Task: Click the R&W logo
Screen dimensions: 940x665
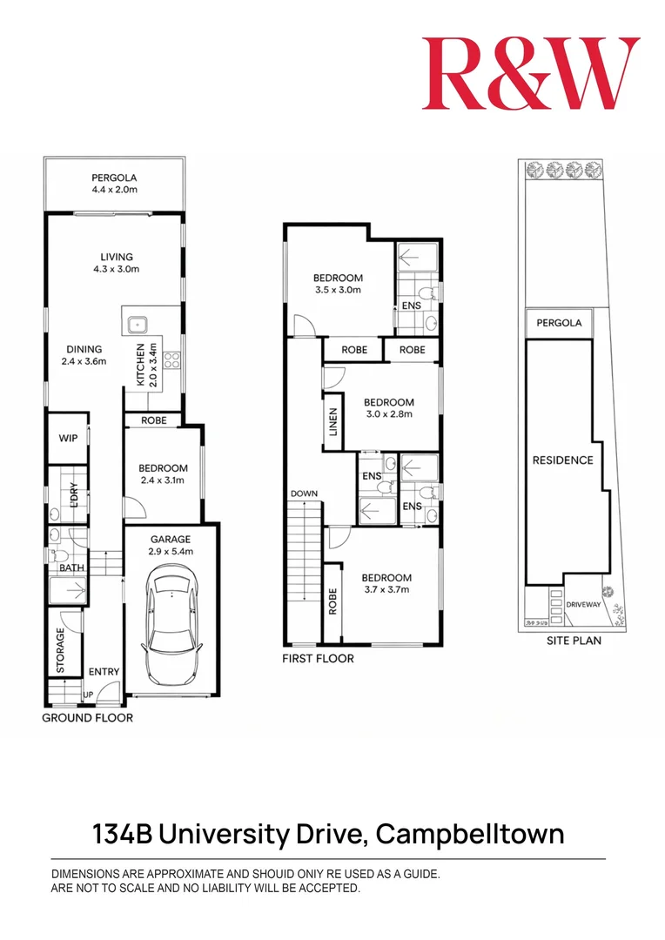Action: (x=531, y=74)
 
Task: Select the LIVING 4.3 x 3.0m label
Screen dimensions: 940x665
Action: (x=116, y=263)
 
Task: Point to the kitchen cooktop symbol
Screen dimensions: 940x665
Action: (x=171, y=359)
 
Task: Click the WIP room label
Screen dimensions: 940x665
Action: (x=67, y=438)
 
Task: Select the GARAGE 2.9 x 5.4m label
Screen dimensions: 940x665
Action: (x=170, y=545)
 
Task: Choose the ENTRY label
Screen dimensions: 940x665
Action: (x=104, y=672)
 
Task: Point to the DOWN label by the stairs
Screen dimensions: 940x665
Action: (x=305, y=493)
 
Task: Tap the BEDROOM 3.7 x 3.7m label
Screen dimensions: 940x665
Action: (x=386, y=583)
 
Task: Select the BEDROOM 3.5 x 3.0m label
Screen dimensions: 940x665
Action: (x=338, y=284)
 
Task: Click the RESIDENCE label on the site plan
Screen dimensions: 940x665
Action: (x=562, y=460)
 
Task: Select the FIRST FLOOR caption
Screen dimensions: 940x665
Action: (x=318, y=659)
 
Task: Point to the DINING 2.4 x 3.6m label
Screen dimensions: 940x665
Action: (x=84, y=354)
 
